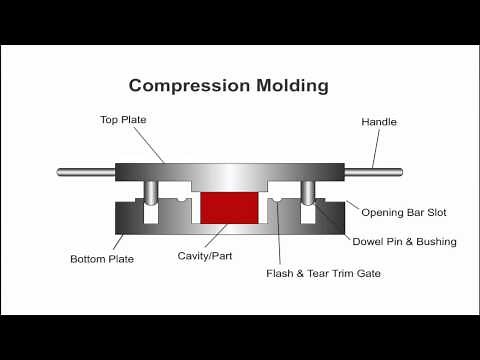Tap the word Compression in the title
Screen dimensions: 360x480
click(181, 85)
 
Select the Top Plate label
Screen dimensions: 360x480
click(124, 120)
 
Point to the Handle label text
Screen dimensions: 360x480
click(378, 122)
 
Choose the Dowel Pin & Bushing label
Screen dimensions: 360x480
click(404, 241)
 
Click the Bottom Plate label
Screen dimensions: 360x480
click(102, 259)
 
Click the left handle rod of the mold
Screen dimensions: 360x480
click(86, 172)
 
